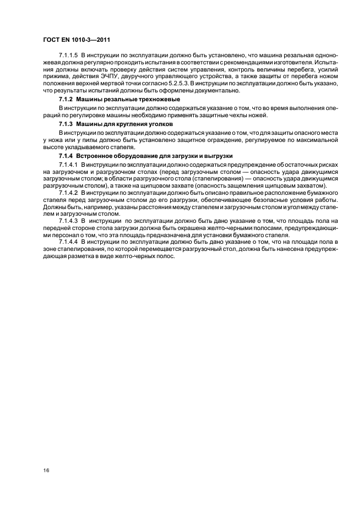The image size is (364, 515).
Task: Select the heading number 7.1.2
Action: pos(66,98)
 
